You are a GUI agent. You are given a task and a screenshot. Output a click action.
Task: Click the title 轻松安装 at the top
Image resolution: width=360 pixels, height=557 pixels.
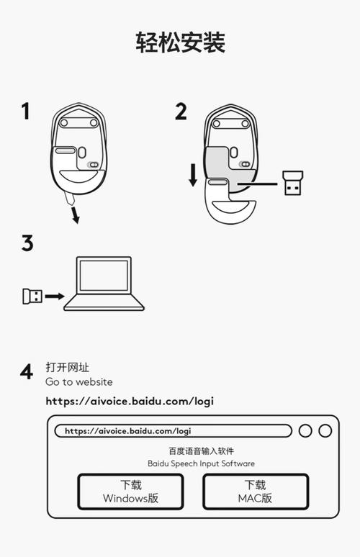coord(180,42)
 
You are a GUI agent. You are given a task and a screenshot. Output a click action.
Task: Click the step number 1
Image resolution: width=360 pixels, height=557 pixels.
coord(26,112)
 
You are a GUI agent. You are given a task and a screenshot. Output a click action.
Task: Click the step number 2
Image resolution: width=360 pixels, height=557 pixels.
coord(180,112)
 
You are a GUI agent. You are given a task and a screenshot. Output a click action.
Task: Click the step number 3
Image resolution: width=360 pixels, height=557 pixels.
coord(27,243)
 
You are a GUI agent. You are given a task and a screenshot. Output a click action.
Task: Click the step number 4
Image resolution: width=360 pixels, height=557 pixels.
coord(27,373)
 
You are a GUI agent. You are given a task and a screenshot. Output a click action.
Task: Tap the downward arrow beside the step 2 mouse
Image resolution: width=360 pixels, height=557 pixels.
coord(192,175)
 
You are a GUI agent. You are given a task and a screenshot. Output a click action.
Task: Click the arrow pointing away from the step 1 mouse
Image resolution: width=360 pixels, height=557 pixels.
coord(74,214)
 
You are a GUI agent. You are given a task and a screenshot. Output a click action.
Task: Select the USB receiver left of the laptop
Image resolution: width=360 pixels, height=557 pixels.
coord(31,295)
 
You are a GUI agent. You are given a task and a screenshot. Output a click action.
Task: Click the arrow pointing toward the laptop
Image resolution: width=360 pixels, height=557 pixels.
coord(54,296)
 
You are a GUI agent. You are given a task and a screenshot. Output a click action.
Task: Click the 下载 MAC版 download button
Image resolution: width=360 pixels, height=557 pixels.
coord(255,492)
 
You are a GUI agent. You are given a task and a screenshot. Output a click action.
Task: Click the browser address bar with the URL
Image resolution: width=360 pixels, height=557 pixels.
coord(173,431)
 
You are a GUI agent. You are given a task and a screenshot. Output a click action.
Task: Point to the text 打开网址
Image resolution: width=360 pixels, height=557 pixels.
coord(67,368)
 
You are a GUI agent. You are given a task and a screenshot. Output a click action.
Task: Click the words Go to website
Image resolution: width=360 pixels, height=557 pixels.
coord(79,382)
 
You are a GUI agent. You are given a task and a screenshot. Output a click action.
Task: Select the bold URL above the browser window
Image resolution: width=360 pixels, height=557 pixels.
coord(130,401)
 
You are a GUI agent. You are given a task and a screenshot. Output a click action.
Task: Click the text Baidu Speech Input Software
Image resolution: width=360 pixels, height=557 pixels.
coord(201,463)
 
